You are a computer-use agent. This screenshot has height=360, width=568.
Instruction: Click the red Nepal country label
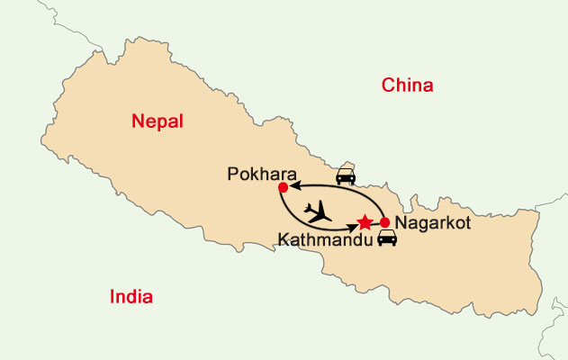click(x=158, y=121)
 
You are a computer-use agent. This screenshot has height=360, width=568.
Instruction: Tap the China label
click(x=408, y=86)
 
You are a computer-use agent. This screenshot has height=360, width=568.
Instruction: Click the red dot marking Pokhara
click(x=283, y=187)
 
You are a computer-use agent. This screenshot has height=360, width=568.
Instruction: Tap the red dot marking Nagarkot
click(x=385, y=222)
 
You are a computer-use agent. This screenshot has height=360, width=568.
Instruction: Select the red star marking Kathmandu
click(x=365, y=221)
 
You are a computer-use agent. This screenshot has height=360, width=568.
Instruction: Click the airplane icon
click(x=317, y=212)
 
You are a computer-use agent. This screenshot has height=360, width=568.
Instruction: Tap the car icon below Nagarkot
click(x=387, y=239)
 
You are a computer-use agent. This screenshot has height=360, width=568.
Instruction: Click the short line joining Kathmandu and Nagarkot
click(x=375, y=222)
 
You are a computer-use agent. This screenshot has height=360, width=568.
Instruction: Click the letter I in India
click(x=112, y=297)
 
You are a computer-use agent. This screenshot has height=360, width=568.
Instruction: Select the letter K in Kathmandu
click(x=283, y=240)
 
